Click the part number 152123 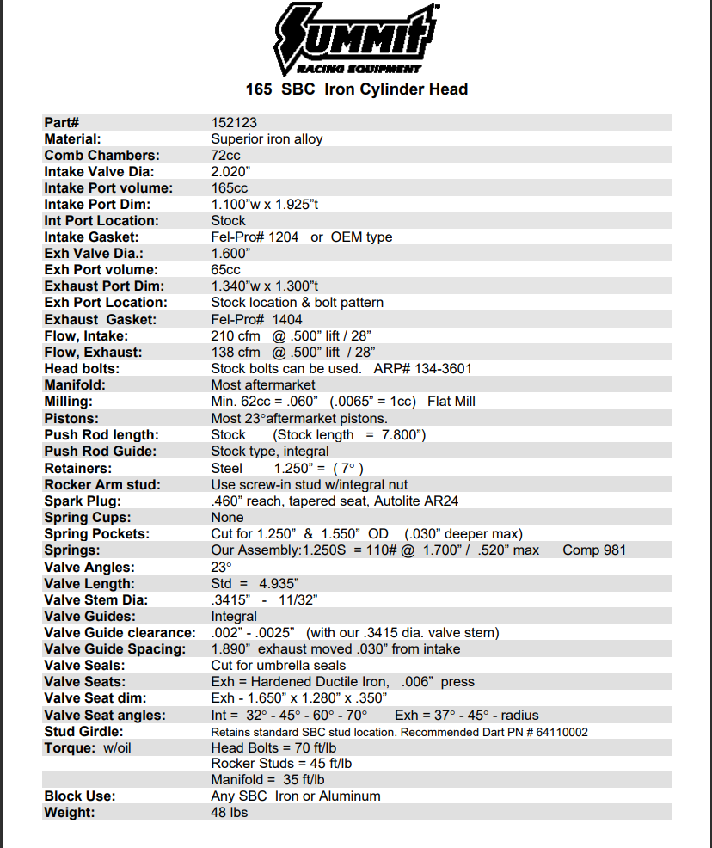tap(234, 122)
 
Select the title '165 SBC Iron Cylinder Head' tap(356, 89)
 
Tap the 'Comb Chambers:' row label tap(101, 155)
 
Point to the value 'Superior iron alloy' tap(267, 138)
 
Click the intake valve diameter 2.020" tap(230, 171)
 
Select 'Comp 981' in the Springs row tap(594, 550)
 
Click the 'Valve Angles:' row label tap(89, 567)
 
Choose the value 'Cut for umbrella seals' tap(279, 665)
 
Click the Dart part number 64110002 tap(559, 732)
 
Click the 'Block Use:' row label tap(80, 796)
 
